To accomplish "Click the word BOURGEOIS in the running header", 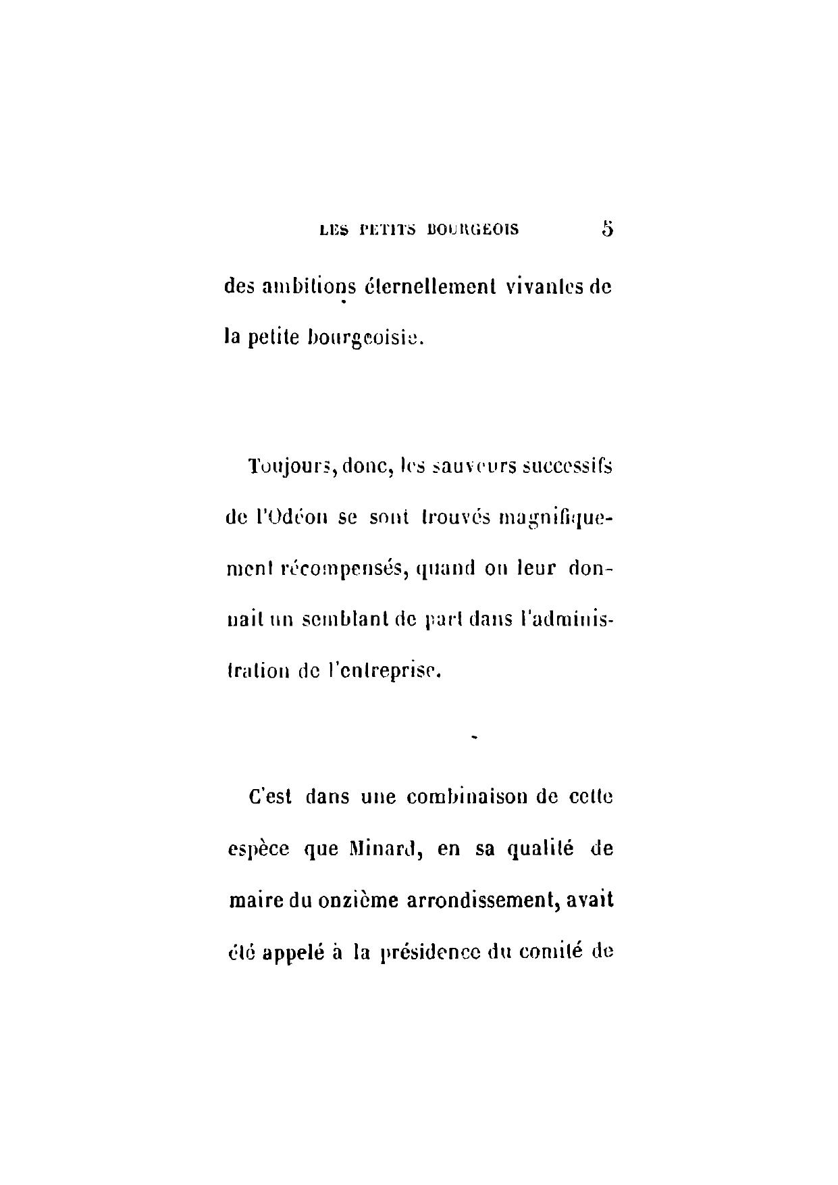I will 473,230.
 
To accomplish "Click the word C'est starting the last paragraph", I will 270,797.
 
